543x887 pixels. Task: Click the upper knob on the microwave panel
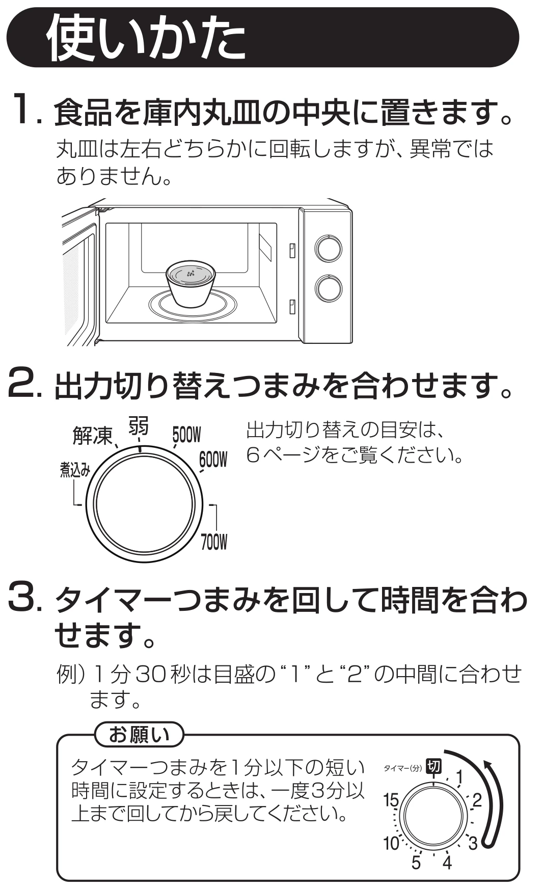328,249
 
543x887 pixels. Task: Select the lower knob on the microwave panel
328,288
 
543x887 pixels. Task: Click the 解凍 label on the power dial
92,436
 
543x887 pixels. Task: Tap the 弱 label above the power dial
138,426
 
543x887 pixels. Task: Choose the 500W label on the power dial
186,435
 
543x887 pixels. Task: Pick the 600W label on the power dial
213,460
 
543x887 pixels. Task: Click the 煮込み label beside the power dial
75,470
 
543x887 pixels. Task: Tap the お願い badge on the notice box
139,735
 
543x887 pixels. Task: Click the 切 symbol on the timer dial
434,766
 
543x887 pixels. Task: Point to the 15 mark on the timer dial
392,800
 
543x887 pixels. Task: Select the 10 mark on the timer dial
391,843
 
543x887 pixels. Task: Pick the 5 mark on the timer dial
416,863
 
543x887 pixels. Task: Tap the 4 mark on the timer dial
447,863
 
